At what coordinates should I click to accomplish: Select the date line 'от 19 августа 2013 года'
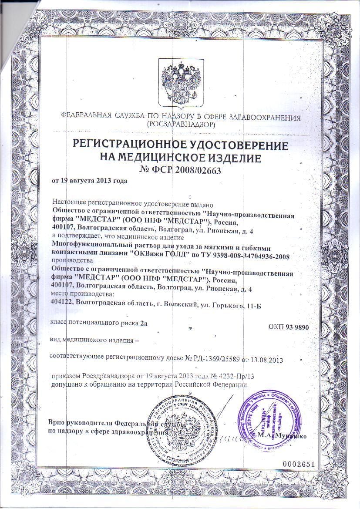[89, 181]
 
